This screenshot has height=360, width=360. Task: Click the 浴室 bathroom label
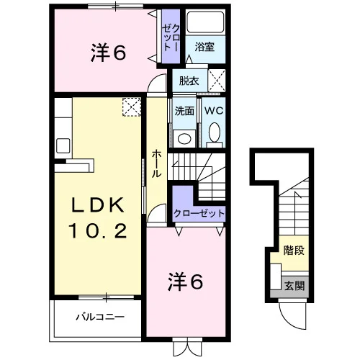click(x=204, y=47)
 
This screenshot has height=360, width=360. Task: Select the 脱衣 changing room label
click(x=189, y=81)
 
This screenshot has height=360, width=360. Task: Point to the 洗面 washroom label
click(x=184, y=111)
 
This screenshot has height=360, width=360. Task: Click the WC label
click(x=214, y=111)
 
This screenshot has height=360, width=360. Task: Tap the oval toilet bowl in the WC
click(x=215, y=132)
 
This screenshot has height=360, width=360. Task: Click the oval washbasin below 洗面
click(x=184, y=138)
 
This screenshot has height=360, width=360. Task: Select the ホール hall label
click(x=156, y=163)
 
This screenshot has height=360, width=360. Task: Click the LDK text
click(x=98, y=204)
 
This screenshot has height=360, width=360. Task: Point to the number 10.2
click(x=98, y=230)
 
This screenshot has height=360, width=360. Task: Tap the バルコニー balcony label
click(x=100, y=317)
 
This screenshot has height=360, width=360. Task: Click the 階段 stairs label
click(x=294, y=251)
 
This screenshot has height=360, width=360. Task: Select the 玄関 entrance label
click(x=294, y=286)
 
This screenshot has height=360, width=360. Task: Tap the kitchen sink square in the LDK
click(x=63, y=145)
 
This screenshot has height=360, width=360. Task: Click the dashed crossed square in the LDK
click(x=132, y=107)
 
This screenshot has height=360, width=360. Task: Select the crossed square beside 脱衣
click(x=217, y=81)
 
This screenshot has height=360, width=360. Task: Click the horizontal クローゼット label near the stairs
click(x=199, y=213)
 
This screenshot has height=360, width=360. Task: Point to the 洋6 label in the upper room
click(x=108, y=53)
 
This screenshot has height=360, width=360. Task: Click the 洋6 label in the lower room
click(x=185, y=282)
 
